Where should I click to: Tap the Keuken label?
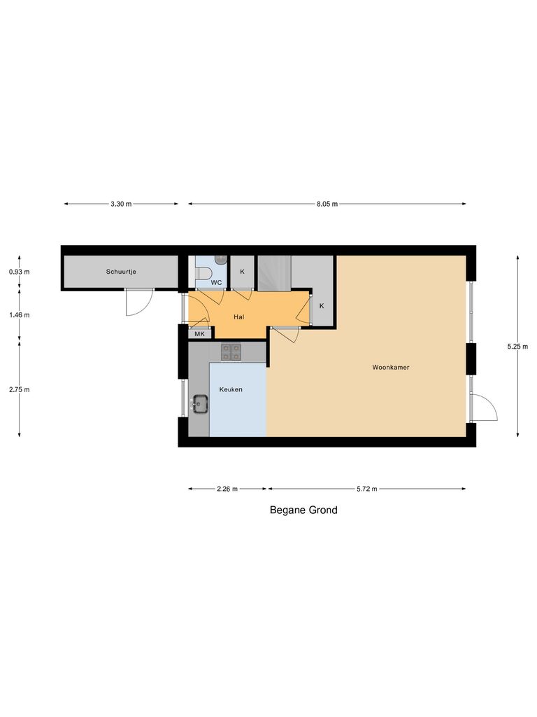tap(231, 389)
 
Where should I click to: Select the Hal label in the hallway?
tap(239, 316)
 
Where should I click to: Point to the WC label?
tap(217, 283)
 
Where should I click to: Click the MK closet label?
tap(199, 334)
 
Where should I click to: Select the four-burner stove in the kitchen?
tap(231, 351)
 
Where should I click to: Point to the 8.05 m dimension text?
tap(327, 204)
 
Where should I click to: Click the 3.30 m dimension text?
tap(121, 204)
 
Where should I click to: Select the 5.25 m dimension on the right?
tap(518, 345)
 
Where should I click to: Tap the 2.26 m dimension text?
tap(227, 489)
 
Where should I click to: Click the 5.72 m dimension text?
tap(366, 489)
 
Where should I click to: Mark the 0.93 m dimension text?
tap(20, 271)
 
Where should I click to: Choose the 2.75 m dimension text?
tap(20, 389)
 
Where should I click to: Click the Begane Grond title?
tap(303, 510)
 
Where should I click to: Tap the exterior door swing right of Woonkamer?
tap(484, 407)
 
